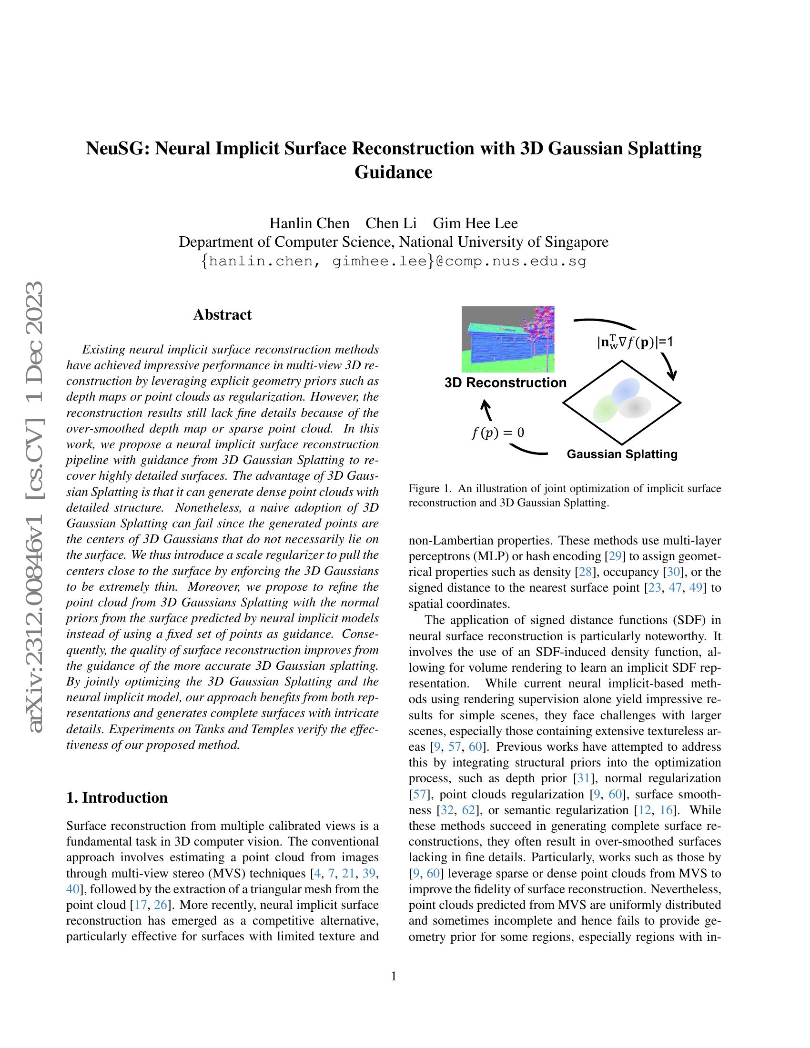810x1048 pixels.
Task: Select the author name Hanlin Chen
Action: (x=309, y=223)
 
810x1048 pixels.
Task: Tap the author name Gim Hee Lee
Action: (x=475, y=223)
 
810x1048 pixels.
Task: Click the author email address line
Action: (x=394, y=262)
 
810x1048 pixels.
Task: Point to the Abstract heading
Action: (x=222, y=315)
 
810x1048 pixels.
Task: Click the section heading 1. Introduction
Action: (x=117, y=797)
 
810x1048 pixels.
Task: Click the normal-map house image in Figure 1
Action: (x=508, y=339)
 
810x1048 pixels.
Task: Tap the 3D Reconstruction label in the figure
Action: (x=505, y=383)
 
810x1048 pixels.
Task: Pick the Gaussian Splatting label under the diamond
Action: (x=622, y=454)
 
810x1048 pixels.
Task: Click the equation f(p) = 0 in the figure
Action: (x=497, y=433)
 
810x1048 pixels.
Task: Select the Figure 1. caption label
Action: (x=429, y=489)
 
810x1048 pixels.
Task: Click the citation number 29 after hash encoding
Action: (x=614, y=556)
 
